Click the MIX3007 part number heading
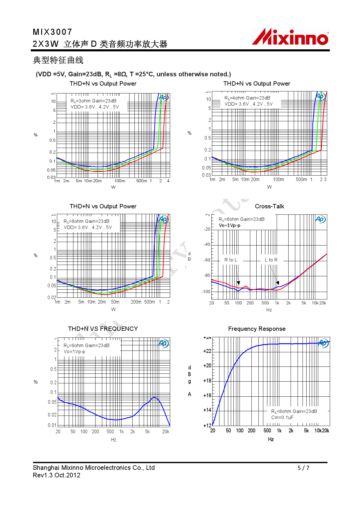click(x=53, y=32)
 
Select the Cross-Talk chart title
click(x=269, y=206)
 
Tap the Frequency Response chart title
click(x=257, y=329)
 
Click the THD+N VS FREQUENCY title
click(x=103, y=329)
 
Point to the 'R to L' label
click(x=231, y=260)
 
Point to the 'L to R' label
click(x=271, y=260)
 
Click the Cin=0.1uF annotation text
click(x=282, y=418)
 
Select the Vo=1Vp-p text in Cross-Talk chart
click(x=229, y=225)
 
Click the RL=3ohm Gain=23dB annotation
click(x=93, y=101)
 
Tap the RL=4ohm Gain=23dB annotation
click(x=247, y=98)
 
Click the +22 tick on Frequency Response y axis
click(x=207, y=351)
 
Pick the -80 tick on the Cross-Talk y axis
click(x=207, y=275)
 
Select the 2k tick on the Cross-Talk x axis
click(x=288, y=303)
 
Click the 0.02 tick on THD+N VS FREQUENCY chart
click(x=52, y=415)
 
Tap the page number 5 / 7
click(x=303, y=468)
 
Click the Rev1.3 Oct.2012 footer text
click(x=57, y=475)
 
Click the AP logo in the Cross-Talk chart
click(x=320, y=219)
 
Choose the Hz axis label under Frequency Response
click(x=271, y=439)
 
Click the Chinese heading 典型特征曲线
click(x=58, y=60)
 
